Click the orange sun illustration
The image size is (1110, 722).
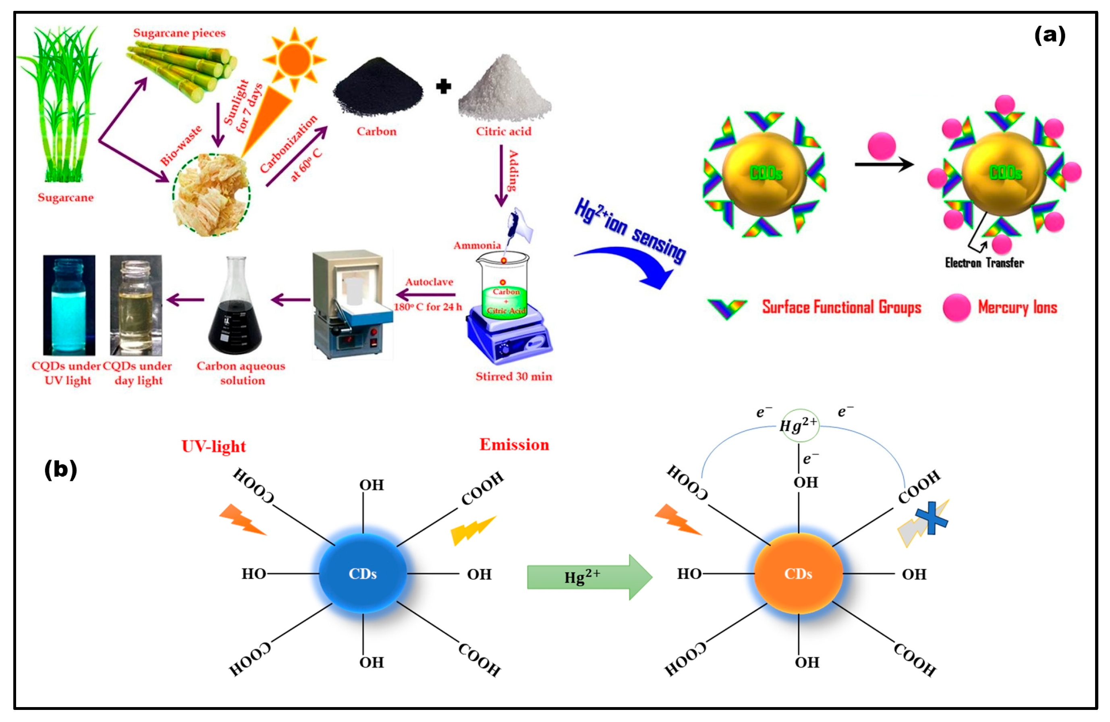pyautogui.click(x=294, y=59)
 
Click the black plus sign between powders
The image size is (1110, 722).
pyautogui.click(x=443, y=86)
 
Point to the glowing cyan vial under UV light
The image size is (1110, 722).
pyautogui.click(x=69, y=305)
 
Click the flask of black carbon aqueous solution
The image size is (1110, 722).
pyautogui.click(x=235, y=313)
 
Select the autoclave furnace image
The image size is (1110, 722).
pyautogui.click(x=352, y=305)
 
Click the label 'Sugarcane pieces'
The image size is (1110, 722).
pyautogui.click(x=179, y=33)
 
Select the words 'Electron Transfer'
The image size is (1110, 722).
pyautogui.click(x=984, y=263)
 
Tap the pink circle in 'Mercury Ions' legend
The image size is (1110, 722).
pyautogui.click(x=956, y=307)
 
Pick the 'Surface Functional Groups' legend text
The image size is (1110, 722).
pyautogui.click(x=841, y=307)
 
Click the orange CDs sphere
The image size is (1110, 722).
pyautogui.click(x=798, y=574)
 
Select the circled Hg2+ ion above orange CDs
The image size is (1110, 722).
pyautogui.click(x=799, y=425)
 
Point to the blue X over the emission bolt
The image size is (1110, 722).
pyautogui.click(x=931, y=518)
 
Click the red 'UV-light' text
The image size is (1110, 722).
pyautogui.click(x=214, y=446)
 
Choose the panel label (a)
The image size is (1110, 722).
pyautogui.click(x=1050, y=35)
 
